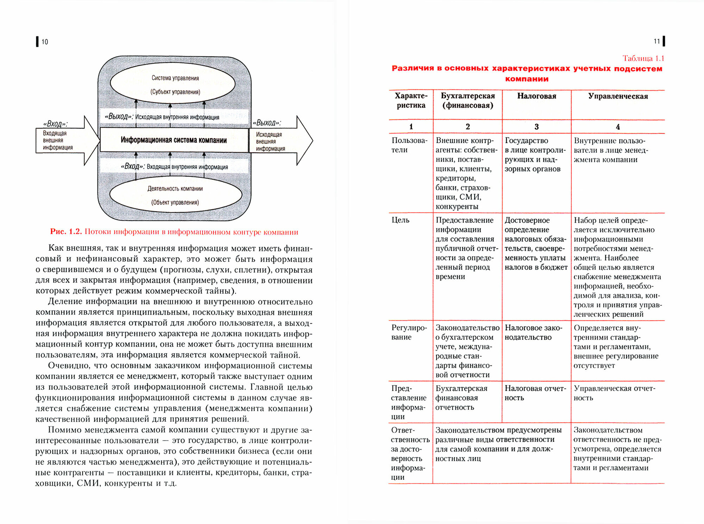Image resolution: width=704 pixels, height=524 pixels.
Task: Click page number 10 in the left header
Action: (45, 42)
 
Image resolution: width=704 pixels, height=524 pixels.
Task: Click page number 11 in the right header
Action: (656, 42)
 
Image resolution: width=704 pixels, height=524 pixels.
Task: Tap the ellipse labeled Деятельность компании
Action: (175, 195)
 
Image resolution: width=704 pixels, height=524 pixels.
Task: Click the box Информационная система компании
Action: (174, 140)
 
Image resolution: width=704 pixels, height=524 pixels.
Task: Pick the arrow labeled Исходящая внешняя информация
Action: (278, 141)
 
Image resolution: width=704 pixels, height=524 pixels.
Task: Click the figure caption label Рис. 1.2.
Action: (66, 232)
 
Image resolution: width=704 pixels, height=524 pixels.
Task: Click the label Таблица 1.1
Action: (643, 58)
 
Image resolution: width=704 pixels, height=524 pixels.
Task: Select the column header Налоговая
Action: (536, 96)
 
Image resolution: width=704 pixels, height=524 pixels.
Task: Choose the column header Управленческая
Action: (618, 96)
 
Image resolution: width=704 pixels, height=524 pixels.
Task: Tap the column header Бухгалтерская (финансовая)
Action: (467, 101)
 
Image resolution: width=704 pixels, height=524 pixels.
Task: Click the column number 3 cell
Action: (536, 127)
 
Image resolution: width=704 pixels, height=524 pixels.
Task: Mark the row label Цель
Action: (401, 220)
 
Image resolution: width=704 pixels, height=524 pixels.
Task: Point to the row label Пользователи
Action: (409, 145)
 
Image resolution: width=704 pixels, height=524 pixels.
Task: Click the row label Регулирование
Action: (409, 332)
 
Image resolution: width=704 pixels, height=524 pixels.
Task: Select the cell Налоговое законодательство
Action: (533, 332)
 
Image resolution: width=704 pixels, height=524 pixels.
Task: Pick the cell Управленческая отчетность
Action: (614, 393)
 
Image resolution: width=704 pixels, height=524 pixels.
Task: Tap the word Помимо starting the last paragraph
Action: (63, 430)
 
